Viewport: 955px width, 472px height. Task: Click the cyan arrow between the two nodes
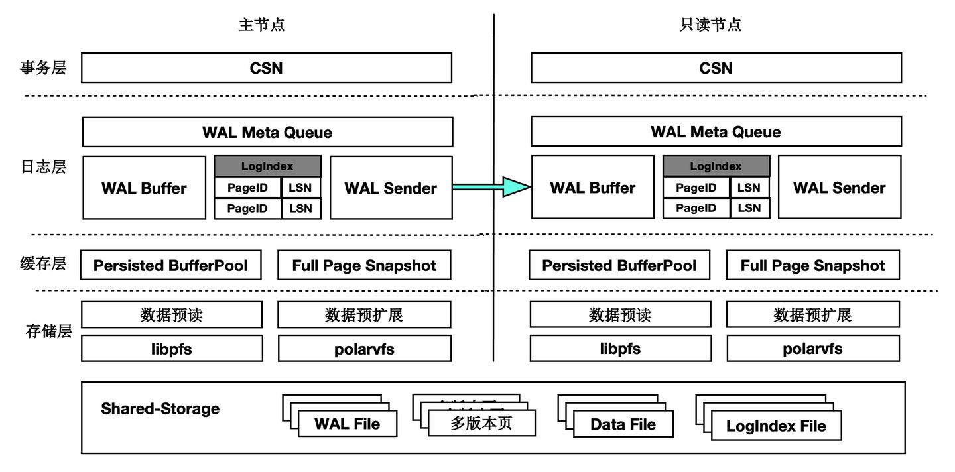(x=491, y=187)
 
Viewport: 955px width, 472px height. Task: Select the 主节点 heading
(x=262, y=25)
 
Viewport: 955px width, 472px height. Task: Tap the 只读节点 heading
(x=710, y=25)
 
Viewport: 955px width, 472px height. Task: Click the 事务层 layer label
(x=43, y=68)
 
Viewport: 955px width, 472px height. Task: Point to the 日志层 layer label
(x=43, y=166)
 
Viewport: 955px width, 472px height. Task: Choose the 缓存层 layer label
(x=43, y=263)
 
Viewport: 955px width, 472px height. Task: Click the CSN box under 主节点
(x=267, y=68)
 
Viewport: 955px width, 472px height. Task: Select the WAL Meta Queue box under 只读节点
(x=716, y=132)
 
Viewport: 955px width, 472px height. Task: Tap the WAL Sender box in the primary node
(x=391, y=188)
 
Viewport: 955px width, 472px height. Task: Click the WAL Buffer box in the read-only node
(x=592, y=188)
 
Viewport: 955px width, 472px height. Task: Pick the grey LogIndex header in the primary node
(x=268, y=166)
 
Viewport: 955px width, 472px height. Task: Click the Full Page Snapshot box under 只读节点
(x=812, y=266)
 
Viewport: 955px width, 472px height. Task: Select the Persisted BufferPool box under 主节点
(x=170, y=266)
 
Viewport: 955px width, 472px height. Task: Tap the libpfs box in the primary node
(x=172, y=348)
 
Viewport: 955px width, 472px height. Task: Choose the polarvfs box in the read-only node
(x=812, y=348)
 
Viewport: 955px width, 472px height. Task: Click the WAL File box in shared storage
(x=347, y=424)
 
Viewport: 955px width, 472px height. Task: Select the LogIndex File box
(x=776, y=426)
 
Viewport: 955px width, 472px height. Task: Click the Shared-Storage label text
(x=160, y=408)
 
